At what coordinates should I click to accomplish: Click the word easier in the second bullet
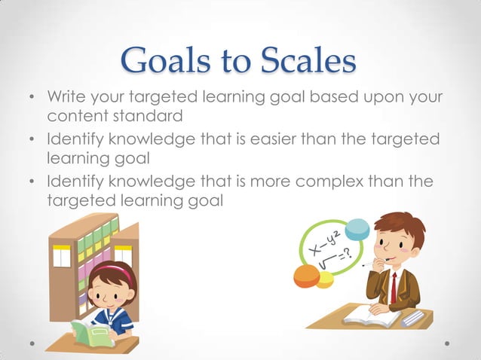point(283,140)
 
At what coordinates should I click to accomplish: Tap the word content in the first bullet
point(75,117)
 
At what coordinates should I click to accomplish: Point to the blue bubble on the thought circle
point(357,229)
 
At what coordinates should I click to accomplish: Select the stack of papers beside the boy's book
point(413,317)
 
